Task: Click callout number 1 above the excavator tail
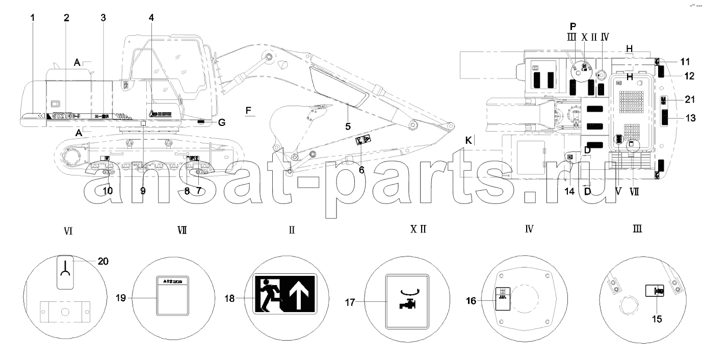click(x=33, y=17)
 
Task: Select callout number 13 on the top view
click(x=690, y=118)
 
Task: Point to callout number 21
click(x=690, y=99)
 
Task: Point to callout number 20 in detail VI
click(x=103, y=261)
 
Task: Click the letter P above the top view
click(x=572, y=26)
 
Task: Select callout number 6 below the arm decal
click(x=361, y=170)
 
